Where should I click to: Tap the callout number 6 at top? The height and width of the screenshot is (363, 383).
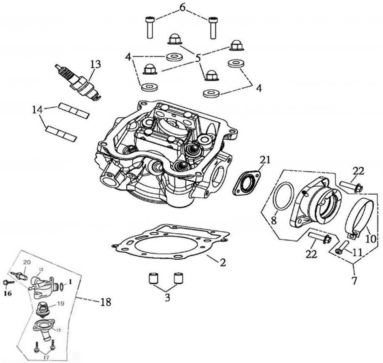(x=182, y=7)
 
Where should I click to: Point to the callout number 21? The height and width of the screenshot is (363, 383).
(x=265, y=160)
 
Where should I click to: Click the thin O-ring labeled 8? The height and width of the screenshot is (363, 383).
(x=282, y=196)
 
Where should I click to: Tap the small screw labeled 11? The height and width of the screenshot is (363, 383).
(x=341, y=248)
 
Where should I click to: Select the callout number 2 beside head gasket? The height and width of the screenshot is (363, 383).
(x=223, y=263)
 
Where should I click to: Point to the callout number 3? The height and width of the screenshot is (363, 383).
(x=167, y=297)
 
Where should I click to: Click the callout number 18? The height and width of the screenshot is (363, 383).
(x=105, y=302)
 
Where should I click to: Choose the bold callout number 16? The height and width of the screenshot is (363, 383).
(x=6, y=293)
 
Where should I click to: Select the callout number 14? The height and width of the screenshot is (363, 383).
(x=37, y=110)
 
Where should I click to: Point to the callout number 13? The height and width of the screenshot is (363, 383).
(x=96, y=64)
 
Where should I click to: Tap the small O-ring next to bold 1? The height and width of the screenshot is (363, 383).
(x=62, y=285)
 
